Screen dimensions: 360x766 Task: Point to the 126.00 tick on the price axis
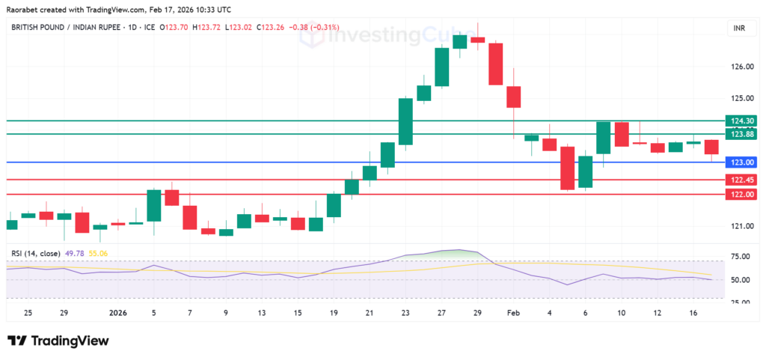click(742, 67)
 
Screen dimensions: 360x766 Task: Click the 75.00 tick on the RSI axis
click(741, 256)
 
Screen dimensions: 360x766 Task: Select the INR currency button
click(736, 28)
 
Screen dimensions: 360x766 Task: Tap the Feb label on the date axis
click(512, 312)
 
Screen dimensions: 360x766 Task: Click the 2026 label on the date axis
click(119, 312)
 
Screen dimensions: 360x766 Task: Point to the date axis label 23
click(405, 312)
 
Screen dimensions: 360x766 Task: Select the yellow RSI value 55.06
click(98, 254)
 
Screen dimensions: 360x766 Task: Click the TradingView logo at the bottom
click(58, 341)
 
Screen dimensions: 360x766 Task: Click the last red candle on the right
click(711, 147)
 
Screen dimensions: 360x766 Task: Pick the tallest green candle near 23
click(405, 121)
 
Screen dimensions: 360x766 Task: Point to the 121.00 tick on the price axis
click(742, 226)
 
